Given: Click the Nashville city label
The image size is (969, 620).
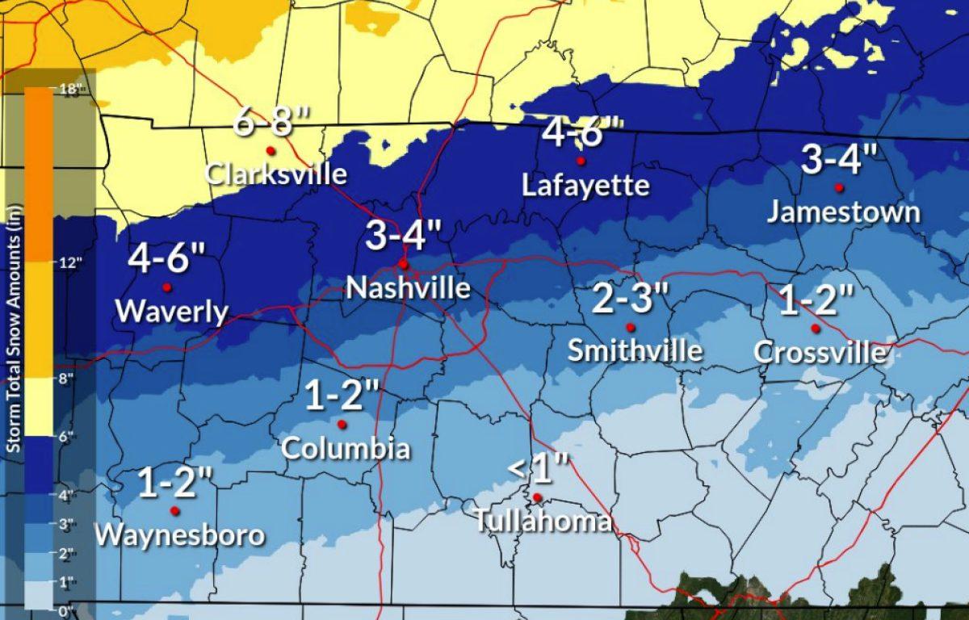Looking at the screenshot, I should click(x=408, y=288).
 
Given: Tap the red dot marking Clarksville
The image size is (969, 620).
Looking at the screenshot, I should click(x=271, y=150).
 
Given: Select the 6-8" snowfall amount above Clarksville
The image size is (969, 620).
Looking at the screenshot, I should click(x=271, y=123).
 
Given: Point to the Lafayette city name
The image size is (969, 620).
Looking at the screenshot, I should click(x=585, y=186).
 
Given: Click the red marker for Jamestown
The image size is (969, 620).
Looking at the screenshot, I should click(x=839, y=187).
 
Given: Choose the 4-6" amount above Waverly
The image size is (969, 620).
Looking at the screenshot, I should click(x=167, y=260).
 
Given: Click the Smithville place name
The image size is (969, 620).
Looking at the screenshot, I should click(x=635, y=351).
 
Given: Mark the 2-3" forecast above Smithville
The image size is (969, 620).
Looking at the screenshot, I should click(x=631, y=300).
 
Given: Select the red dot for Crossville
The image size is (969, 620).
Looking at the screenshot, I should click(x=816, y=328).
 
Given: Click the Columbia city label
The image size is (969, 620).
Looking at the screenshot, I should click(x=345, y=448).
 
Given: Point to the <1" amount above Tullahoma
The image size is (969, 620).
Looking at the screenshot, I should click(x=539, y=468).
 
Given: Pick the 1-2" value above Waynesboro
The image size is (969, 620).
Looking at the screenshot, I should click(x=175, y=484).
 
